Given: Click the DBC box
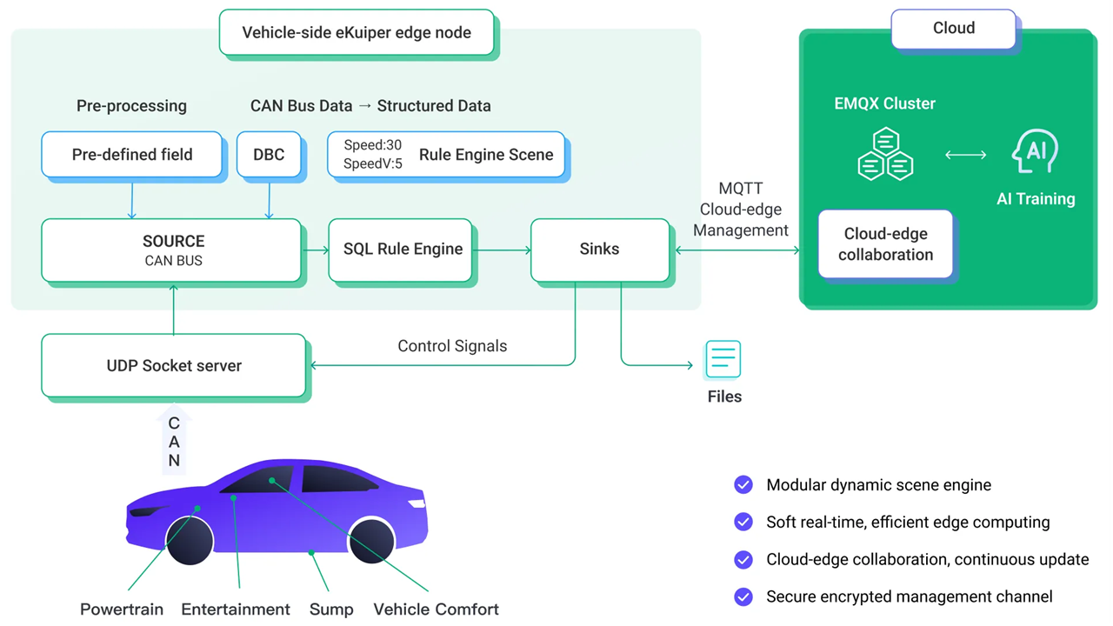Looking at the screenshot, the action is (x=269, y=154).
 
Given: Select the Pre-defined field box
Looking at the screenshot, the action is (x=131, y=154).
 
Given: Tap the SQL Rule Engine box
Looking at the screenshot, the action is (x=401, y=250).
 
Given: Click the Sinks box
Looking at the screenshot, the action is (x=600, y=250).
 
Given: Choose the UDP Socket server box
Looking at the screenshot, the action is (x=173, y=365).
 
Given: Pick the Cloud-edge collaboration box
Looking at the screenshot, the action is (x=885, y=244).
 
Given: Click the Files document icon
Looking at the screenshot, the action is (x=723, y=359).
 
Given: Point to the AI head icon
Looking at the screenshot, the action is (x=1035, y=151).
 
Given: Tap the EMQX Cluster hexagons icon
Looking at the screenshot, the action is (x=885, y=154).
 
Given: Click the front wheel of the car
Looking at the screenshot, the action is (x=190, y=541).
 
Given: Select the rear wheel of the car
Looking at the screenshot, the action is (x=371, y=540).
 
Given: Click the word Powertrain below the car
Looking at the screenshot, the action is (x=122, y=609).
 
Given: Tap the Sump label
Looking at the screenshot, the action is (x=331, y=609).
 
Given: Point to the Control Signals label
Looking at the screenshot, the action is (x=452, y=346).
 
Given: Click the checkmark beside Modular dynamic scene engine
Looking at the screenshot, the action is (x=743, y=484).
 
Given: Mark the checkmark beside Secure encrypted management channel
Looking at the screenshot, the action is (x=743, y=596).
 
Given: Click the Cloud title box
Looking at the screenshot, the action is (x=954, y=29).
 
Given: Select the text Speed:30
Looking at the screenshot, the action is (x=373, y=145).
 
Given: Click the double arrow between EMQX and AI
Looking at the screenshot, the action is (x=965, y=155).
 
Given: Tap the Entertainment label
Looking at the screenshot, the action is (x=236, y=609).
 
